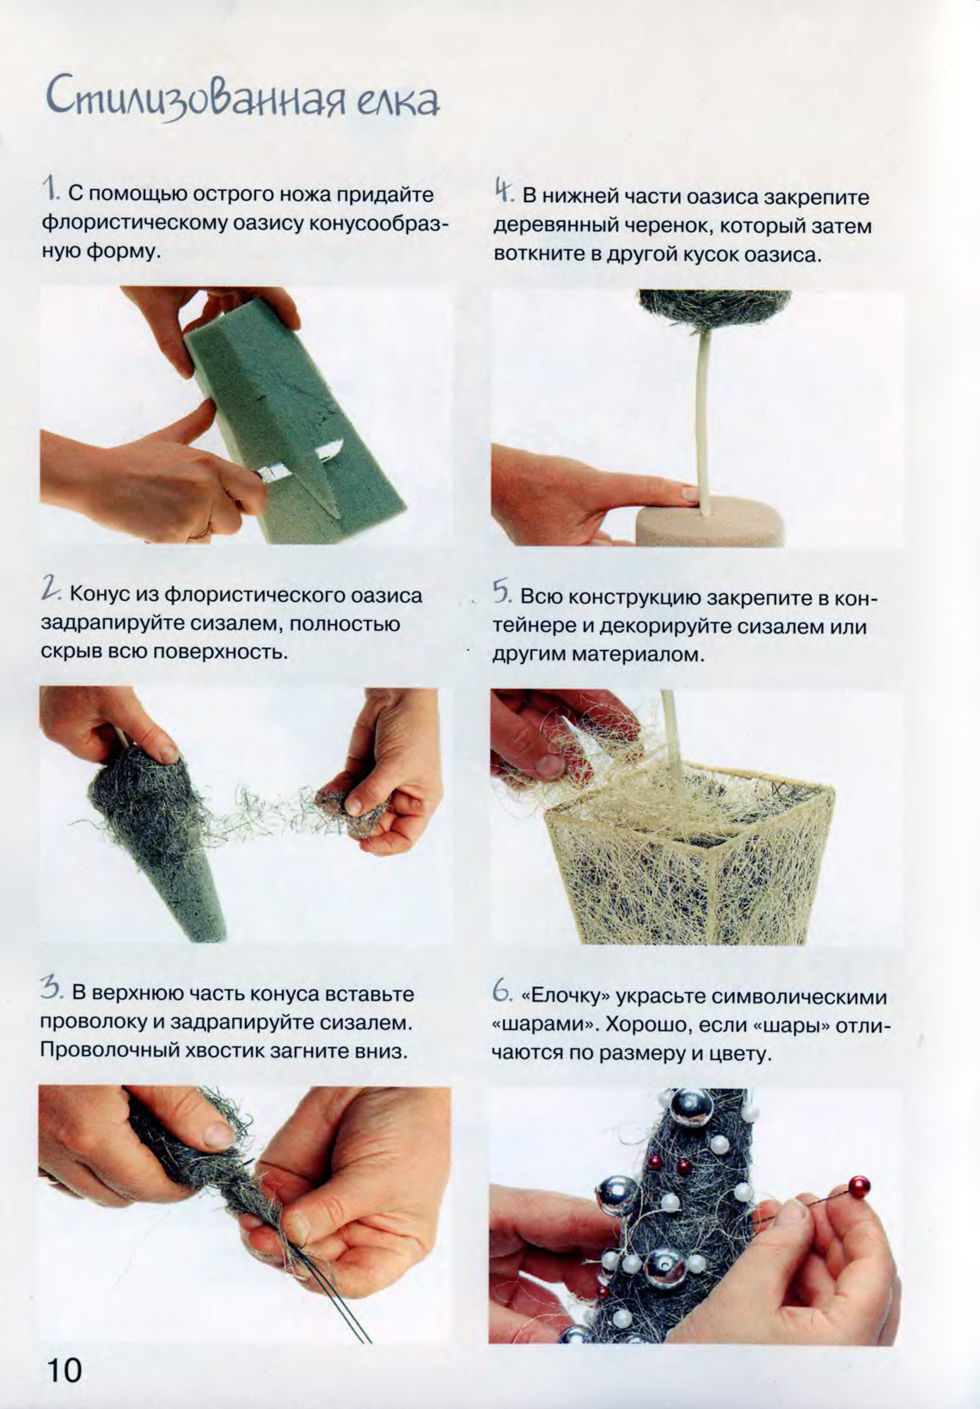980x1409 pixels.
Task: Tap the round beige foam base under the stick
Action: coord(709,525)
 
